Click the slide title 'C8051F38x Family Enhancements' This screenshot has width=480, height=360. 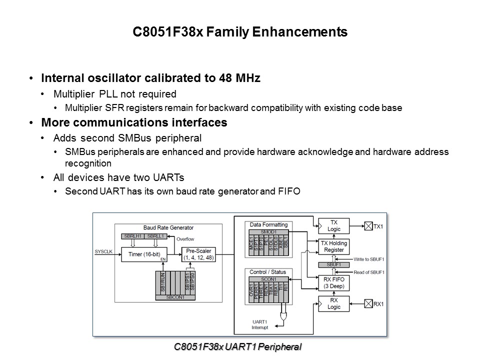pyautogui.click(x=240, y=32)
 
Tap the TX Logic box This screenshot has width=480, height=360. pyautogui.click(x=334, y=225)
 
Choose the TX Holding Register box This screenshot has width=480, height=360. pyautogui.click(x=334, y=246)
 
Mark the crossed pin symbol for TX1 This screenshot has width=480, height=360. pyautogui.click(x=368, y=226)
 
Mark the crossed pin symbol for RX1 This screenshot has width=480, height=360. pyautogui.click(x=368, y=303)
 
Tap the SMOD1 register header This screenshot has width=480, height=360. pyautogui.click(x=269, y=233)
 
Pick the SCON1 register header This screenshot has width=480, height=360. pyautogui.click(x=269, y=278)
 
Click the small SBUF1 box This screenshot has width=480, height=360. pyautogui.click(x=333, y=264)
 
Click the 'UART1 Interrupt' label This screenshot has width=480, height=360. pyautogui.click(x=260, y=325)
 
